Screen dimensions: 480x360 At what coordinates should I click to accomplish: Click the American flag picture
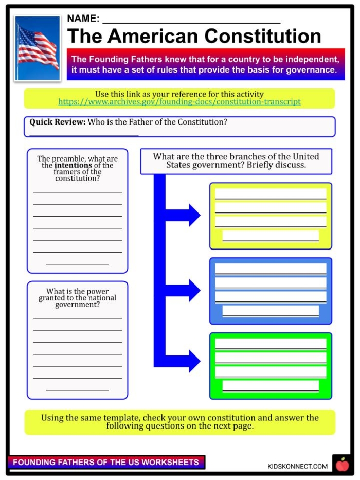[x=38, y=48]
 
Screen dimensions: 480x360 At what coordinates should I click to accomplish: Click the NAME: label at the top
[x=83, y=19]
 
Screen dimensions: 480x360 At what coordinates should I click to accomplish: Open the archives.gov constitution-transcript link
[x=179, y=102]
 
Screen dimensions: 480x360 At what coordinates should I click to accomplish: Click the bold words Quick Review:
[x=57, y=122]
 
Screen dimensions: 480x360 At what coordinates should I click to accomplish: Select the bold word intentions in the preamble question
[x=73, y=166]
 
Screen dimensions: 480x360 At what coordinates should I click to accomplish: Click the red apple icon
[x=341, y=465]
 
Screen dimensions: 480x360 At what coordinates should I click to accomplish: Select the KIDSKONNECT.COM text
[x=297, y=466]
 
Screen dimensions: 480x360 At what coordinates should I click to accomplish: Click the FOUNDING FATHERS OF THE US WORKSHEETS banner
[x=106, y=462]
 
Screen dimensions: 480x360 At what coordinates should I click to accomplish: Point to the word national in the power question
[x=98, y=298]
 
